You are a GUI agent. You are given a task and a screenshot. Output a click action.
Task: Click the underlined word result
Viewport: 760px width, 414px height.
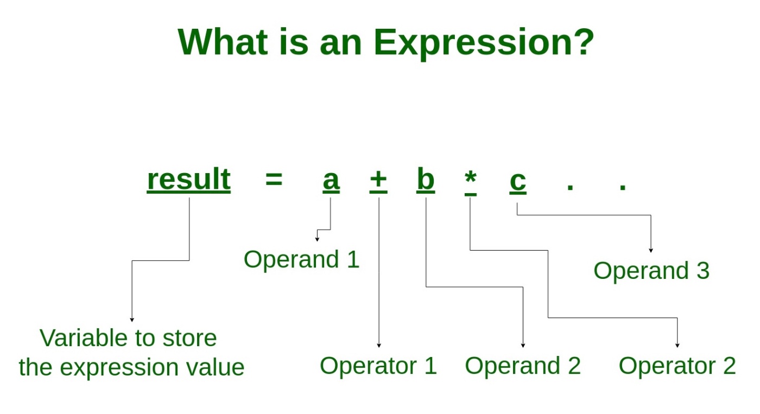point(189,180)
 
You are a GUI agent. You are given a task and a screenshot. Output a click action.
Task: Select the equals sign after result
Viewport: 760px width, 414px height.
point(274,180)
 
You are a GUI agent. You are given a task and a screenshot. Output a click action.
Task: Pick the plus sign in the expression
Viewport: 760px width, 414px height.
point(378,180)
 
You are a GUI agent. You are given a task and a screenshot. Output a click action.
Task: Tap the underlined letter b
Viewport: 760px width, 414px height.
point(426,180)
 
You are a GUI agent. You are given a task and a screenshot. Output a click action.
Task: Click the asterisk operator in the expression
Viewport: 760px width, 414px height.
point(470,179)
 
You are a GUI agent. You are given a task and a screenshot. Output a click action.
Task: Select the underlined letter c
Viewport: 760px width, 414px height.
point(517,182)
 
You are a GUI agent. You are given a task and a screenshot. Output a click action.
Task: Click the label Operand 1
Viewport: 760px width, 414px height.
point(301,259)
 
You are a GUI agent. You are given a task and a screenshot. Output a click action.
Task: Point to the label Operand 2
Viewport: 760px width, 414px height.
point(523,366)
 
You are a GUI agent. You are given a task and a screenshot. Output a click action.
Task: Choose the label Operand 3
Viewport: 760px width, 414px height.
point(651,270)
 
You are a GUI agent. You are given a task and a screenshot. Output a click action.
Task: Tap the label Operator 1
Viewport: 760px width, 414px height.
point(378,366)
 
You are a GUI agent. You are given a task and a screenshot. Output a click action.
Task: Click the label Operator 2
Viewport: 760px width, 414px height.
point(677,366)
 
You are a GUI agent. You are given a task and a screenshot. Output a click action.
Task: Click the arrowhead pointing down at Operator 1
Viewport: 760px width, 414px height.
point(379,345)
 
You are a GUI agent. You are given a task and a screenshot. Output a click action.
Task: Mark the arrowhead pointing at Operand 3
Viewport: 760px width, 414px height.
point(651,251)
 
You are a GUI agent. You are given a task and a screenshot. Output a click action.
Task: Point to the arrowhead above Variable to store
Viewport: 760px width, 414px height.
point(132,320)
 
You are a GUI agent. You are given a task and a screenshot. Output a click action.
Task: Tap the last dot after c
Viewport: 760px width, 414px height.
point(623,188)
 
